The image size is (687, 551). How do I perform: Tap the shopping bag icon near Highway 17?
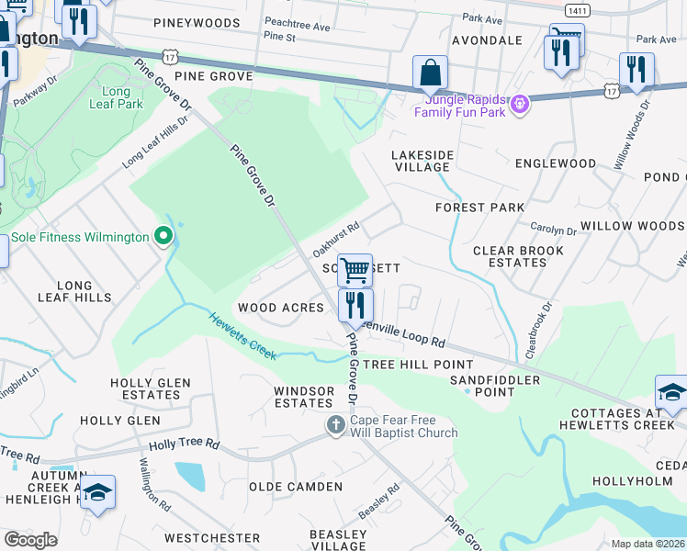[429, 73]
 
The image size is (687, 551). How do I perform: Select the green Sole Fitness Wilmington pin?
[164, 238]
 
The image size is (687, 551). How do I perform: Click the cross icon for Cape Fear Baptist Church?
[336, 425]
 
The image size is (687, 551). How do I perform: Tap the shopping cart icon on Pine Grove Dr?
[355, 270]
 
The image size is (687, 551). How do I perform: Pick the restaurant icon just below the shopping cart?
[355, 304]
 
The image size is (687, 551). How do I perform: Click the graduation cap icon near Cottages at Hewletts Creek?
[671, 391]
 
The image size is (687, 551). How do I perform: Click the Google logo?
[30, 540]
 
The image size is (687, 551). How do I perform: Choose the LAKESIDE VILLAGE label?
[421, 161]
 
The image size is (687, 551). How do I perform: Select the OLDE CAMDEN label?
[295, 487]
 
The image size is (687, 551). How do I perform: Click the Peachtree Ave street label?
[296, 26]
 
